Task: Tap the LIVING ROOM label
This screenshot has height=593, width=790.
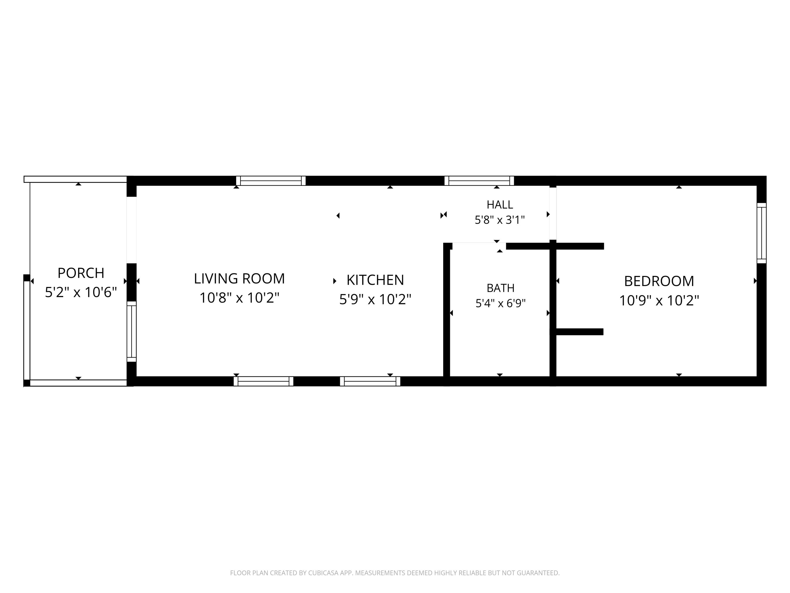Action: pos(239,279)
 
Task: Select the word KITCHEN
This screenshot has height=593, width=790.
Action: pos(375,280)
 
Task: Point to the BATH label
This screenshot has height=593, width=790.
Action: pos(500,288)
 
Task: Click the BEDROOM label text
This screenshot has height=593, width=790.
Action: pos(659,281)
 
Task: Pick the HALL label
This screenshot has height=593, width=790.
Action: pos(500,205)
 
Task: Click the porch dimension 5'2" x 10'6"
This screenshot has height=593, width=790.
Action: pos(81,292)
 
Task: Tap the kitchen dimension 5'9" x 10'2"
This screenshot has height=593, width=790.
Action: pos(375,299)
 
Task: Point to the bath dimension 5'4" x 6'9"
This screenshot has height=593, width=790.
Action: pos(500,303)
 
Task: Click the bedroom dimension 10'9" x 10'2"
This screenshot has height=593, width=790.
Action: pos(659,300)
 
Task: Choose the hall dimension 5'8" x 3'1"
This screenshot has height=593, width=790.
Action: pos(500,220)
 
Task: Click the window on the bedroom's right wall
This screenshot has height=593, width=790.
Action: pos(762,233)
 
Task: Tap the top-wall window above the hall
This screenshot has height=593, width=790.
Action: pos(479,181)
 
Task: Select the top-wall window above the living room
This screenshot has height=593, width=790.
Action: pos(271,181)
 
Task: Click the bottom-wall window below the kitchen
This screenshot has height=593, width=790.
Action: pos(370,381)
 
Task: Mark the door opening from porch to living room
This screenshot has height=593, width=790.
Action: pos(131,230)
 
